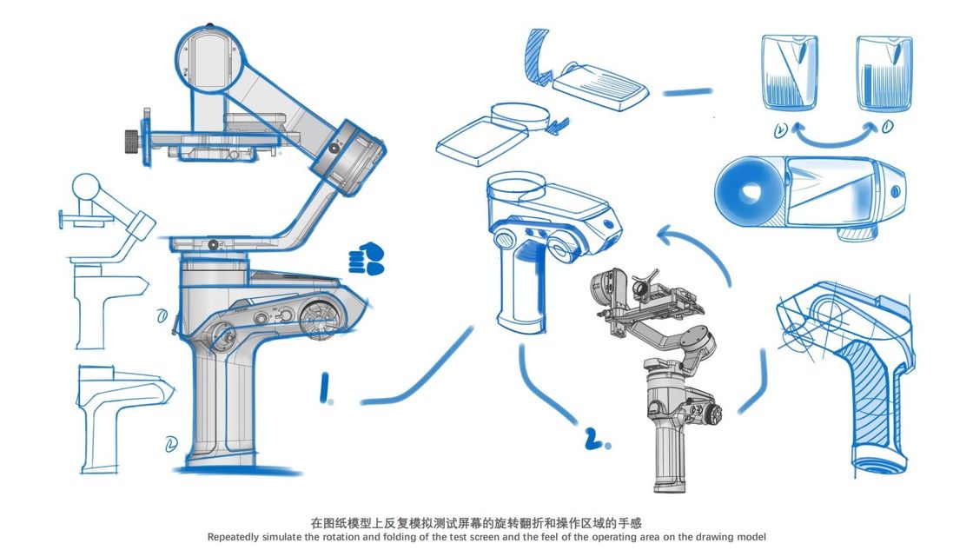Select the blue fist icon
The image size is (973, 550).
tap(367, 258)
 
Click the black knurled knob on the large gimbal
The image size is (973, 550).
tap(130, 138)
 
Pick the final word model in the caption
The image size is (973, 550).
tap(751, 537)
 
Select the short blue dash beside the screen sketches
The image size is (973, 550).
tap(687, 91)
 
